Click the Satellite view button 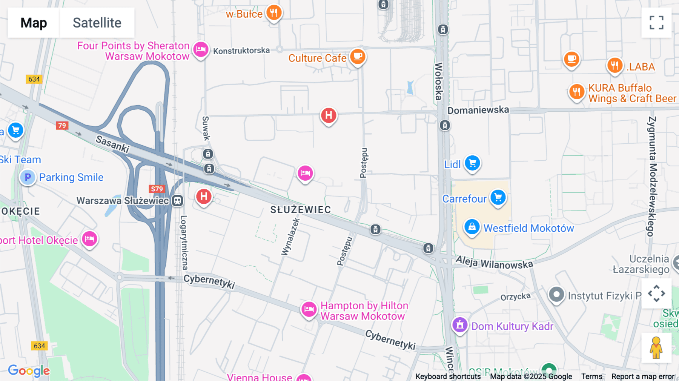tap(97, 23)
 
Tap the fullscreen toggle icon tap(656, 23)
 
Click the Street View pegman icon tap(656, 348)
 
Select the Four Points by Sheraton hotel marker tap(201, 49)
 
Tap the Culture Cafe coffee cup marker tap(358, 57)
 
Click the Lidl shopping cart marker tap(472, 163)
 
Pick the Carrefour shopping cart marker tap(498, 197)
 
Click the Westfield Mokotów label tap(528, 228)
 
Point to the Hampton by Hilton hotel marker tap(309, 309)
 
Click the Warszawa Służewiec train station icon tap(177, 201)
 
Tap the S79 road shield tap(157, 189)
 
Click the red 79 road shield tap(62, 126)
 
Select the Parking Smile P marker tap(28, 177)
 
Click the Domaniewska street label tap(478, 110)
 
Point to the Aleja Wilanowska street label tap(494, 263)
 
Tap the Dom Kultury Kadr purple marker tap(459, 325)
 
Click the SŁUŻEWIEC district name tap(301, 210)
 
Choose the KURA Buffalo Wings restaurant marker tap(576, 92)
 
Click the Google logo tap(29, 370)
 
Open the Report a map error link tap(643, 376)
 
